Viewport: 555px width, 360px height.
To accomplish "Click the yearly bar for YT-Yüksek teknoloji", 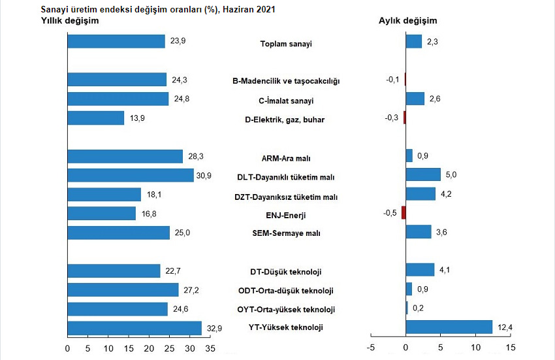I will pos(135,327).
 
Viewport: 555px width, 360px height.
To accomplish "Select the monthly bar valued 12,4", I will pos(449,327).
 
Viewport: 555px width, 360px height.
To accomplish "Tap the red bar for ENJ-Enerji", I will pos(404,212).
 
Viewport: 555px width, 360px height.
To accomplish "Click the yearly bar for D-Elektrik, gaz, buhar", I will pos(95,118).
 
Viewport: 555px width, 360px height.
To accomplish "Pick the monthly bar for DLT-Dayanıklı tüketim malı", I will pos(423,174).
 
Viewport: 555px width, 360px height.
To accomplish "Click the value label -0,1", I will pos(393,80).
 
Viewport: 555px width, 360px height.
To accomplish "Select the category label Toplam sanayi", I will pos(286,44).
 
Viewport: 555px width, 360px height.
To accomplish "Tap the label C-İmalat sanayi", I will pos(286,101).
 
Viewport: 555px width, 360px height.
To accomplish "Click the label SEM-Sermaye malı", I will pos(286,233).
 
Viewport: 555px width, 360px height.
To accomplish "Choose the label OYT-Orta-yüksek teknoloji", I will pos(286,309).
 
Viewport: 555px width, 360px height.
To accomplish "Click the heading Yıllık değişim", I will pos(70,21).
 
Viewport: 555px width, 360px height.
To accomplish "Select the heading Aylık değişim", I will pos(408,21).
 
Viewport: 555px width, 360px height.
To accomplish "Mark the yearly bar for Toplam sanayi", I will pos(116,41).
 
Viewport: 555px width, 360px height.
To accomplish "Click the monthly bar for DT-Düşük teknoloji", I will pos(420,270).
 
